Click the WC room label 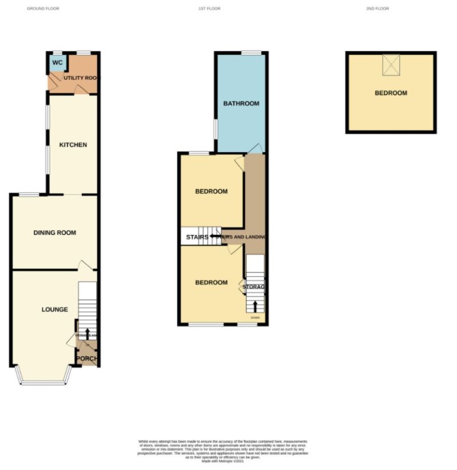57,62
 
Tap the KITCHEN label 73,145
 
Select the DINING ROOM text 54,233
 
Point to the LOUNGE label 54,309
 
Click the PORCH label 87,359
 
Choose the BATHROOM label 241,103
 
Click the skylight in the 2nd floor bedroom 391,65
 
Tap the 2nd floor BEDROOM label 391,93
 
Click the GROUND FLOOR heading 43,9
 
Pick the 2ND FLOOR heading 378,9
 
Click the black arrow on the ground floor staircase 87,334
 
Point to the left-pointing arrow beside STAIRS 215,236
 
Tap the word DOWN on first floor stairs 255,317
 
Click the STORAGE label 254,286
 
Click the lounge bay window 43,383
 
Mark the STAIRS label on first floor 196,236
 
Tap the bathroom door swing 255,148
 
